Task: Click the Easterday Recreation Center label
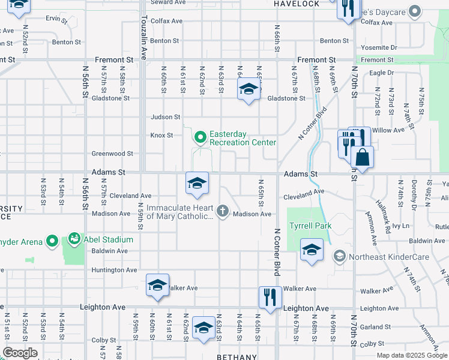pyautogui.click(x=242, y=138)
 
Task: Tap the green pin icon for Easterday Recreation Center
pyautogui.click(x=200, y=138)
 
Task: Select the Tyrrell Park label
pyautogui.click(x=310, y=226)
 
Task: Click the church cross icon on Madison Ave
pyautogui.click(x=222, y=210)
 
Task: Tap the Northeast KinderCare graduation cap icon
pyautogui.click(x=339, y=256)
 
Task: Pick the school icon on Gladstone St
pyautogui.click(x=249, y=90)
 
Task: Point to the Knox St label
pyautogui.click(x=161, y=135)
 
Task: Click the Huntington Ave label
pyautogui.click(x=114, y=270)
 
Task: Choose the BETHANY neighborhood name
pyautogui.click(x=237, y=356)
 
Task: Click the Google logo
pyautogui.click(x=20, y=353)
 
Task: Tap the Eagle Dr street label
pyautogui.click(x=381, y=73)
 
